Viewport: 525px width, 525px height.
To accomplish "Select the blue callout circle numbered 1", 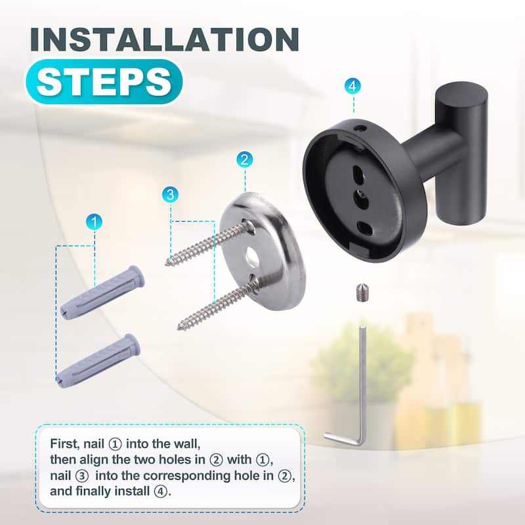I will coord(94,222).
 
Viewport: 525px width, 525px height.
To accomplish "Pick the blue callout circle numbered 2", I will coord(244,159).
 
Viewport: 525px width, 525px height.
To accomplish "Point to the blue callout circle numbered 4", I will coord(353,87).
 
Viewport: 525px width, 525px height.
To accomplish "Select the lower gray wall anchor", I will coord(98,360).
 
